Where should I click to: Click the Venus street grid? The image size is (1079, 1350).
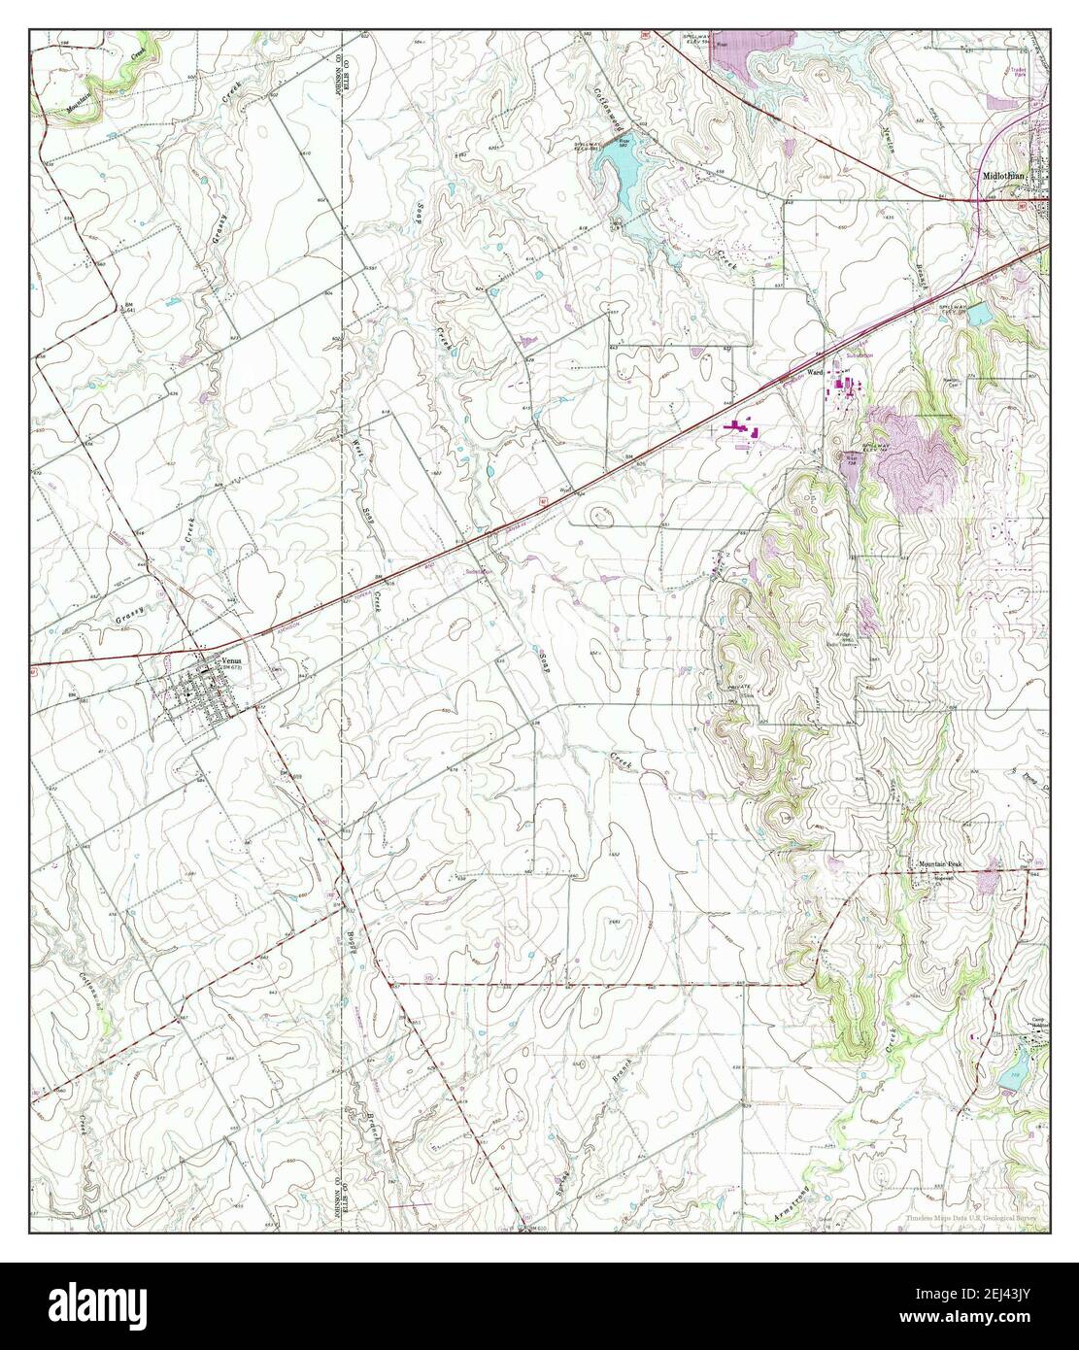(x=194, y=693)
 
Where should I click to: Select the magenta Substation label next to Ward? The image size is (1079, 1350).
(x=859, y=356)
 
